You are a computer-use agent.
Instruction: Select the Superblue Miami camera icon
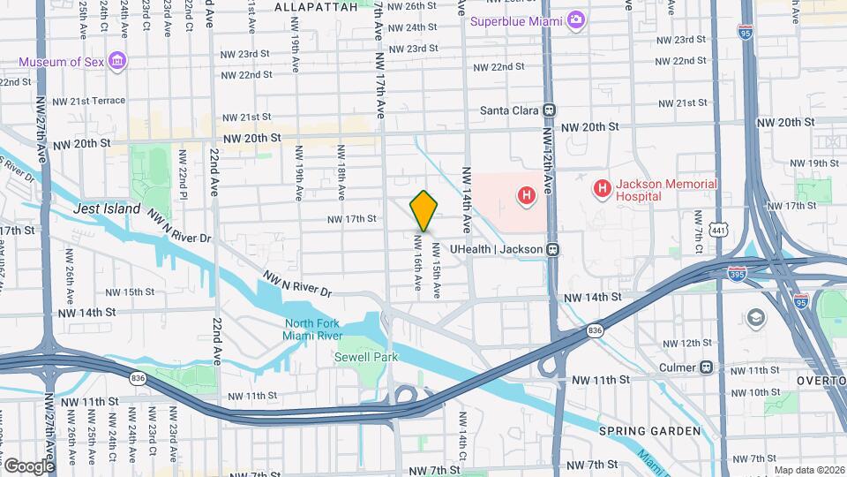coord(576,19)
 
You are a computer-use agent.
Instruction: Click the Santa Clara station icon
coord(549,110)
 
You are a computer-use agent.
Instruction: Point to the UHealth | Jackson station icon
coord(553,249)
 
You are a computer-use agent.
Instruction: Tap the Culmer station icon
coord(705,367)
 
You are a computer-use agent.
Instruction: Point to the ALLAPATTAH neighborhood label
coord(316,6)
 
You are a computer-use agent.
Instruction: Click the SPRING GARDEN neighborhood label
coord(649,431)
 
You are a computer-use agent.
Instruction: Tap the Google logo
coord(28,466)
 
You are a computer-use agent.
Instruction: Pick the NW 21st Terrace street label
coord(87,101)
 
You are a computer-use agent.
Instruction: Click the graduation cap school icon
coord(756,316)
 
